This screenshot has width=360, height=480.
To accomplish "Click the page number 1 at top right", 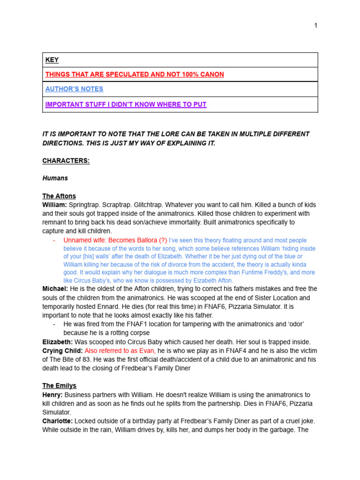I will tap(316, 25).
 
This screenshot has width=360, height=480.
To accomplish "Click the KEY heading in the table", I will tap(52, 60).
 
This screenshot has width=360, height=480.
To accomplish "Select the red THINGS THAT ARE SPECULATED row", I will tap(135, 75).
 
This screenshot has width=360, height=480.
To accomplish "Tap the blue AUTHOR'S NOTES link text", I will tap(74, 89).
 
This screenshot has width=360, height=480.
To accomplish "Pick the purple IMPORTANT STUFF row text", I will tap(126, 104).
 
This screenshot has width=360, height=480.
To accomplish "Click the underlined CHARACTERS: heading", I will tap(66, 161).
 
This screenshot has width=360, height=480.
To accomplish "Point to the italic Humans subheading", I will tap(55, 178).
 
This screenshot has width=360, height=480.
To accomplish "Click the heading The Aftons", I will tap(59, 196).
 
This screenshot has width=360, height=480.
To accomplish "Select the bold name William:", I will tap(54, 205).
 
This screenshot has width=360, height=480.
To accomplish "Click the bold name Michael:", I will tap(55, 289).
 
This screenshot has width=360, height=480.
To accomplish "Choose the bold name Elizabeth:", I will tap(58, 342).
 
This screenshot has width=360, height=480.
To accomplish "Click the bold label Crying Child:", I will tap(62, 351).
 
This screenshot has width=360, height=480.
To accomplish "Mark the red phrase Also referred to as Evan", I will tap(120, 351).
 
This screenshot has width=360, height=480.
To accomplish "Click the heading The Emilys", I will tap(59, 386).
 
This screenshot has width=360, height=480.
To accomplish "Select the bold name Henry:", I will tap(52, 395).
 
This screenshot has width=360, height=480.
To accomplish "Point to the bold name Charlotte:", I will tap(58, 421).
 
